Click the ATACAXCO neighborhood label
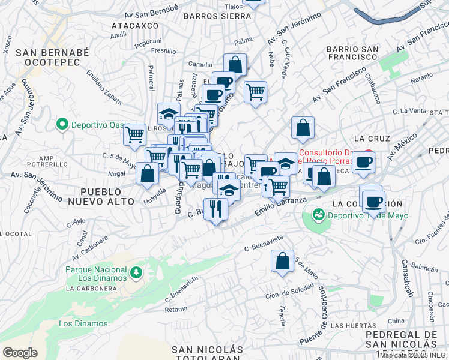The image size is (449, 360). pyautogui.click(x=135, y=26)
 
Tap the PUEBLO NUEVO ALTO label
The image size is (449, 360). pyautogui.click(x=100, y=197)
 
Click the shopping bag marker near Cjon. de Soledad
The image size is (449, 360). pyautogui.click(x=282, y=261)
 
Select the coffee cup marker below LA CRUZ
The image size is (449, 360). pyautogui.click(x=364, y=161)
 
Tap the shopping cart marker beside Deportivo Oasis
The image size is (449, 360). pyautogui.click(x=135, y=134)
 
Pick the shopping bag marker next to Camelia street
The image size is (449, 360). pyautogui.click(x=235, y=64)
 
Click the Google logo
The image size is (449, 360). pyautogui.click(x=20, y=352)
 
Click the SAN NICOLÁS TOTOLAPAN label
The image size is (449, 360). pyautogui.click(x=207, y=354)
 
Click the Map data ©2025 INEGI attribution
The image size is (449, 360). pyautogui.click(x=413, y=355)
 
